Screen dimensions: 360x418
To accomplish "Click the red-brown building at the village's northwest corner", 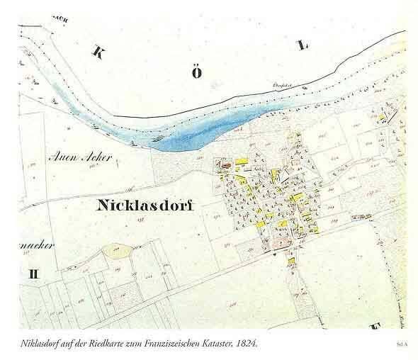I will (225, 166).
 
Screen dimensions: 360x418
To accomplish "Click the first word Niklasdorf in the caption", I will (40, 343).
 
